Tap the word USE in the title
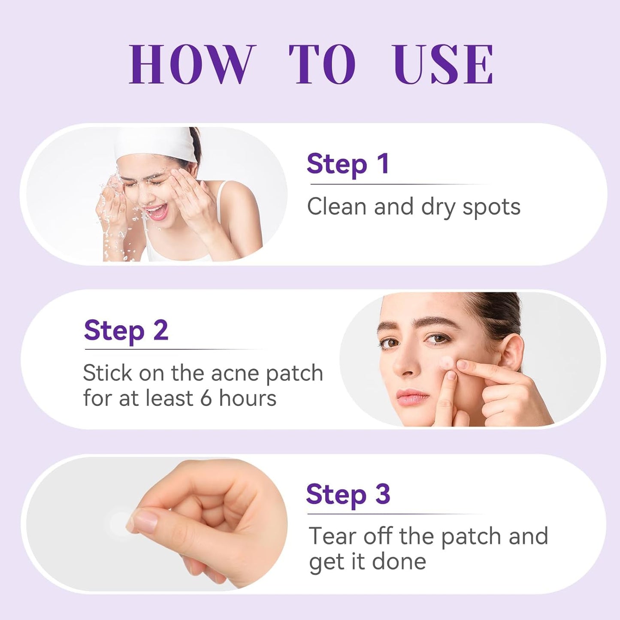click(x=442, y=64)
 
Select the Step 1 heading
click(x=348, y=164)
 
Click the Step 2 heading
click(x=126, y=331)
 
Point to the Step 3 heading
click(x=348, y=495)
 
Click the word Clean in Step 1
click(x=337, y=207)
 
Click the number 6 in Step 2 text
click(x=206, y=398)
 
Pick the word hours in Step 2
click(x=248, y=398)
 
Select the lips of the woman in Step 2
click(x=412, y=397)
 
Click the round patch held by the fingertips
click(x=119, y=523)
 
